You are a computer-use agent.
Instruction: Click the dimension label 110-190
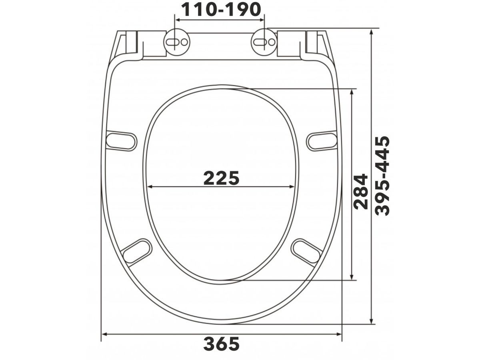click(221, 10)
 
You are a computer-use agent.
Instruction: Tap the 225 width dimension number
click(222, 178)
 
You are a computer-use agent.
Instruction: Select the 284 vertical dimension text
click(361, 192)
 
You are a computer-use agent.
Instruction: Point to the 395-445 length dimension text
click(382, 176)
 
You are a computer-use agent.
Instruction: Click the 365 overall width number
click(222, 344)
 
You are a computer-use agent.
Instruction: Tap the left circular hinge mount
click(177, 42)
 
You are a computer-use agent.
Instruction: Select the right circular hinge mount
click(264, 42)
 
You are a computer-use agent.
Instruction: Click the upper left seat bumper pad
click(121, 141)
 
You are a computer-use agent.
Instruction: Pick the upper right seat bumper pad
click(322, 141)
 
